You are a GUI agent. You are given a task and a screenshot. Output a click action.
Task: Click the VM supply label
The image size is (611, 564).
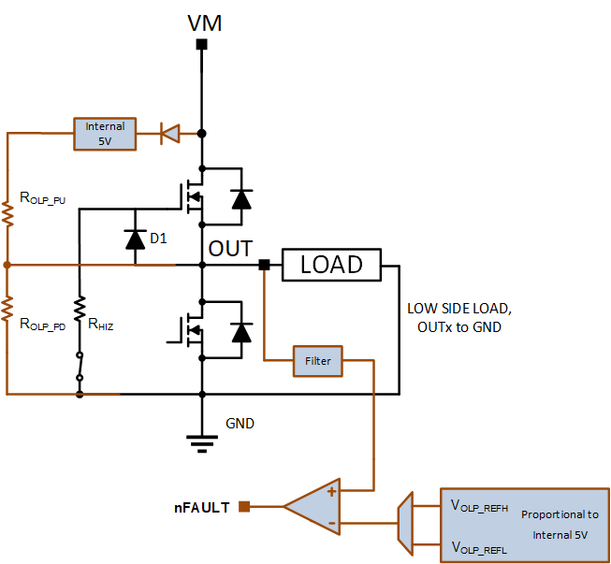[205, 23]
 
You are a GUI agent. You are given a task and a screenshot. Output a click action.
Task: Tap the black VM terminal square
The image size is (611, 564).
[201, 44]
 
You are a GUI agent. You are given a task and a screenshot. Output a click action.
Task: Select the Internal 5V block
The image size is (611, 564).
[105, 134]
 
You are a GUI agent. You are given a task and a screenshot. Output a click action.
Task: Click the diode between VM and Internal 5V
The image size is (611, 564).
[170, 134]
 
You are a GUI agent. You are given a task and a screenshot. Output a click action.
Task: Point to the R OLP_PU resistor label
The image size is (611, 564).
[42, 198]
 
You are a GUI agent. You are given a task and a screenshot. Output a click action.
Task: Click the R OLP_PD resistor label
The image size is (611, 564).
[42, 324]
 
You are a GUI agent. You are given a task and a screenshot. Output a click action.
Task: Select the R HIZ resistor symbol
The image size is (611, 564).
[80, 309]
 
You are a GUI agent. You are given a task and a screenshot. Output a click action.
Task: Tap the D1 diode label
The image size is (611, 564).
[158, 238]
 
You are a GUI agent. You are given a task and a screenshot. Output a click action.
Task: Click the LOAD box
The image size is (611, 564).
[331, 265]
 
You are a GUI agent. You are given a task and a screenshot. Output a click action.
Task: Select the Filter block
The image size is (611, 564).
[318, 361]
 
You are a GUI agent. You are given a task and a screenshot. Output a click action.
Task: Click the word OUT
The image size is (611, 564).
[230, 249]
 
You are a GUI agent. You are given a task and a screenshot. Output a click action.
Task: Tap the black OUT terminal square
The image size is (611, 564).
[264, 265]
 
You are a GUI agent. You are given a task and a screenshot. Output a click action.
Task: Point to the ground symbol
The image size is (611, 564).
[202, 443]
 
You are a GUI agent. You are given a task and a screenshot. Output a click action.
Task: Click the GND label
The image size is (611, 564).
[240, 424]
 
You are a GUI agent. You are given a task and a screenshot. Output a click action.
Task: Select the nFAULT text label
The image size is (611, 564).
[202, 508]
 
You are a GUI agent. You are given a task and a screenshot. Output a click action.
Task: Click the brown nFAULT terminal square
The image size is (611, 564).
[244, 506]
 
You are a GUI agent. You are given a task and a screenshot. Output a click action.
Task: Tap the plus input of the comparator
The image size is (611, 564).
[331, 492]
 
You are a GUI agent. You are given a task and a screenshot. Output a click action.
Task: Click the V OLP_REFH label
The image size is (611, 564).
[479, 506]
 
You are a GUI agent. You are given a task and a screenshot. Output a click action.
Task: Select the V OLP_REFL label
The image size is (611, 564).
[479, 548]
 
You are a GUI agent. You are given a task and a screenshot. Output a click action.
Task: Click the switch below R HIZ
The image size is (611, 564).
[80, 366]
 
